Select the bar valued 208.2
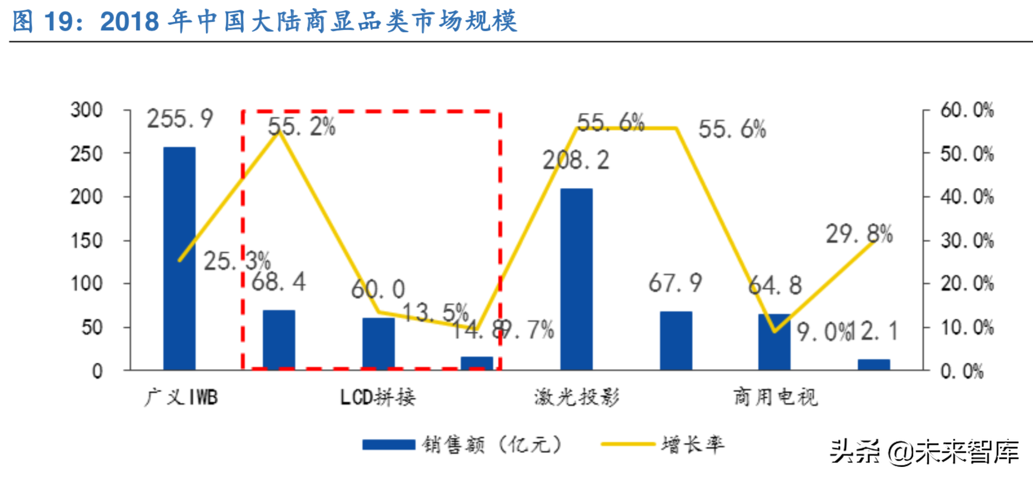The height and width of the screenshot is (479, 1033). coord(576,279)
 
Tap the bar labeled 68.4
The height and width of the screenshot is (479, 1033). coord(279,340)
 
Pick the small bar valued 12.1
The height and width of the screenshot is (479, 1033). coord(874,364)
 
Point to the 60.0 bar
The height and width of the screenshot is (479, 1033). coord(378,343)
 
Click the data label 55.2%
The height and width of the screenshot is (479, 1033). coord(302,127)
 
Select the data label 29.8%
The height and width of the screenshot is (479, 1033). coord(859,234)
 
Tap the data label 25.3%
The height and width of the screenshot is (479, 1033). coord(237,261)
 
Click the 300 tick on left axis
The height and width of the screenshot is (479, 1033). coord(86,110)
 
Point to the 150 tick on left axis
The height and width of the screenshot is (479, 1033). coord(86,240)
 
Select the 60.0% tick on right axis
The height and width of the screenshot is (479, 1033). coord(967,110)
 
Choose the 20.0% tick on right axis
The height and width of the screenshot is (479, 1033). coord(967,284)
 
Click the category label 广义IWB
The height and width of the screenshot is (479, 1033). coord(181,397)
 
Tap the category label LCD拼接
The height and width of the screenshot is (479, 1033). coord(378,397)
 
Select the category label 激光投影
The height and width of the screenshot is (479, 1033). coord(577,397)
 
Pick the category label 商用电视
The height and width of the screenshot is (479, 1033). coord(775,397)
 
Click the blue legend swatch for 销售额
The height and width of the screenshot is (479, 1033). coord(389,445)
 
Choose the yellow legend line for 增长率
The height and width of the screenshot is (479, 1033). coord(628,444)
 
